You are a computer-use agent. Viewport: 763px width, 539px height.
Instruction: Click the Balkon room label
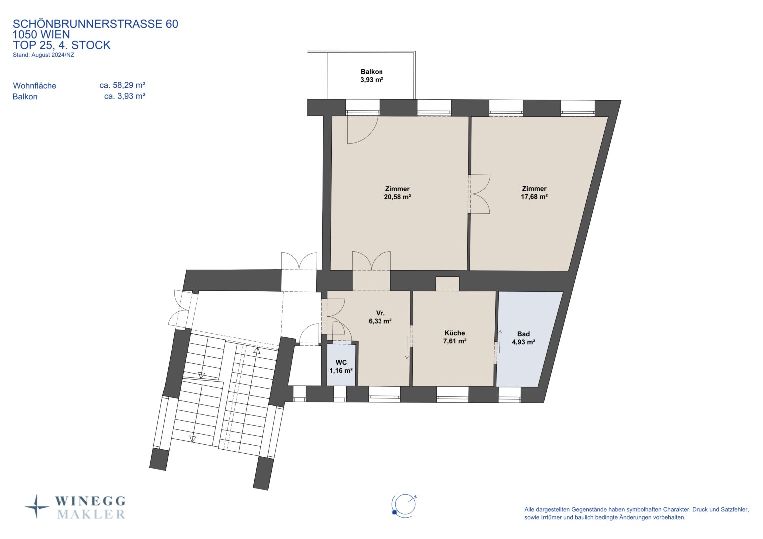click(x=372, y=72)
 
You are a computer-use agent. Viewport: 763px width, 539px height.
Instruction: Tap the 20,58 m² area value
click(x=397, y=197)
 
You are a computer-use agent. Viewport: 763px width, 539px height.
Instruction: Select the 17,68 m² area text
click(x=534, y=197)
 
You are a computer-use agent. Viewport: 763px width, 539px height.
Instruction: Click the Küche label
click(x=455, y=333)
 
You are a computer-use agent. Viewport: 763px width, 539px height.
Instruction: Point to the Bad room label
click(x=523, y=334)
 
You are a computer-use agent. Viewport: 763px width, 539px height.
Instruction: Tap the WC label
click(x=341, y=363)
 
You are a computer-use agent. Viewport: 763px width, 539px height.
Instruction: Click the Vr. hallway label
click(x=380, y=313)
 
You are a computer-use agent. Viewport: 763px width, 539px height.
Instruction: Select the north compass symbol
click(x=404, y=506)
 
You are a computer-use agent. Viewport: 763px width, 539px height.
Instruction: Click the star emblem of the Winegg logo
click(x=37, y=507)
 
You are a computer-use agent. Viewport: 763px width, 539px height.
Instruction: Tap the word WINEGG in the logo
click(x=90, y=501)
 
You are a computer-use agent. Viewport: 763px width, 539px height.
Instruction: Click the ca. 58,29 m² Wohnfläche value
click(x=123, y=85)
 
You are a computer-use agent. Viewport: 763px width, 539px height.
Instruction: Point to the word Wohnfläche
click(x=35, y=86)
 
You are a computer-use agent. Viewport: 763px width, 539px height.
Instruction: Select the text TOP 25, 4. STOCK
click(x=61, y=45)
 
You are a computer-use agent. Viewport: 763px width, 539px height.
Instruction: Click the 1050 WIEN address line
click(x=41, y=34)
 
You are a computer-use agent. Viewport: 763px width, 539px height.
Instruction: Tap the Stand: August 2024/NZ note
click(x=43, y=55)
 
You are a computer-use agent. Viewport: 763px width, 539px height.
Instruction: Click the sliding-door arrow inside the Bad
click(x=500, y=341)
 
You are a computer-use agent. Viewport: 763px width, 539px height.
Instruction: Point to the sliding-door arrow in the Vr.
click(x=407, y=348)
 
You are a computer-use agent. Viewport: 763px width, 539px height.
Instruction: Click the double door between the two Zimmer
click(x=479, y=194)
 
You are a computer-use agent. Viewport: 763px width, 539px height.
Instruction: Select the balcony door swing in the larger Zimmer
click(x=363, y=130)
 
